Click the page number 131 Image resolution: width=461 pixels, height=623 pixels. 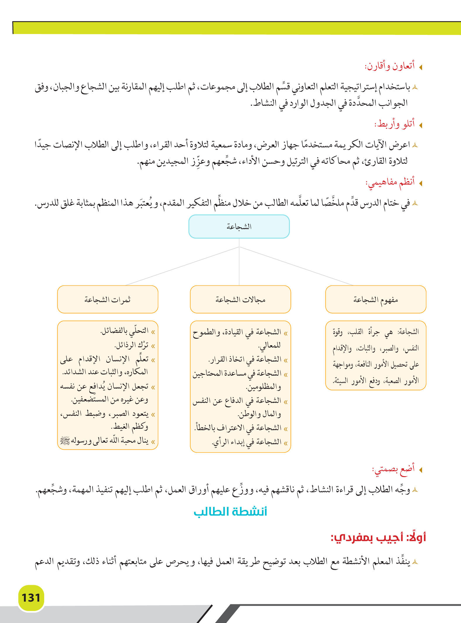tap(31, 598)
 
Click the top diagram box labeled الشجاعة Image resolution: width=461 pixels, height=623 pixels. tap(239, 227)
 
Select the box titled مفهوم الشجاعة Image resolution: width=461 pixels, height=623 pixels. tap(376, 299)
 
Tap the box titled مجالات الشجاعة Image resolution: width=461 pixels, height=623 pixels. tap(240, 299)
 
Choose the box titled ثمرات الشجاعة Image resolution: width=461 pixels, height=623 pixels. tap(107, 299)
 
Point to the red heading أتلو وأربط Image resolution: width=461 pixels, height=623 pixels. tap(395, 124)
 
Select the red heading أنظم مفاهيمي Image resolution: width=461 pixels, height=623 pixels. tap(390, 183)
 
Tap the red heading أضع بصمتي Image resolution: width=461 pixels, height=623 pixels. tap(393, 469)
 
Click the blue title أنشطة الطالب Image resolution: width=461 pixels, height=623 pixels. tap(230, 512)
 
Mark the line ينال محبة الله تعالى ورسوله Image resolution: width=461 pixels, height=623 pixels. tap(105, 441)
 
